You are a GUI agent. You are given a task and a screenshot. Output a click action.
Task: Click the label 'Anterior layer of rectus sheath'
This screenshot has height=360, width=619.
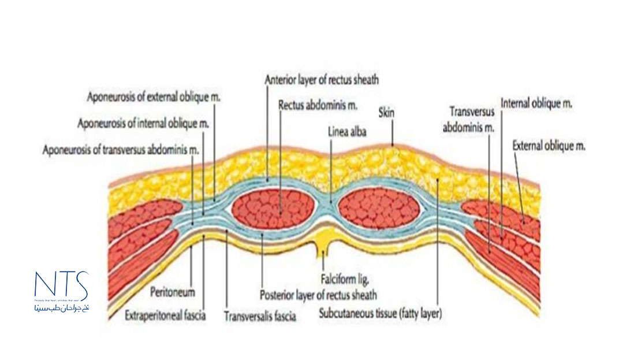coord(322,79)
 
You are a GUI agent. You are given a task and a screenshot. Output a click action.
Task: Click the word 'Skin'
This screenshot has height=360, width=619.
coord(386,112)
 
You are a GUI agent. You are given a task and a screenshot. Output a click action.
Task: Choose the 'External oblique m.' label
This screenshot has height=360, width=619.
coord(549,147)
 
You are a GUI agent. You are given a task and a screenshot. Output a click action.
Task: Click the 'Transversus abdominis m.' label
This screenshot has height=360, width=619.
coord(468,120)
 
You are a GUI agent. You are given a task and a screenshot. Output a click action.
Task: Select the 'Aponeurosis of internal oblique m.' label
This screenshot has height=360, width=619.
coord(143,124)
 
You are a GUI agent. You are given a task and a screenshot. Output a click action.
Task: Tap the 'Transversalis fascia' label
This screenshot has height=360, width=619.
coord(260,317)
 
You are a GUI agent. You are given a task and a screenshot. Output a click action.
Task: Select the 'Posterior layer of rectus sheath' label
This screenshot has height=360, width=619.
coord(318,295)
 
